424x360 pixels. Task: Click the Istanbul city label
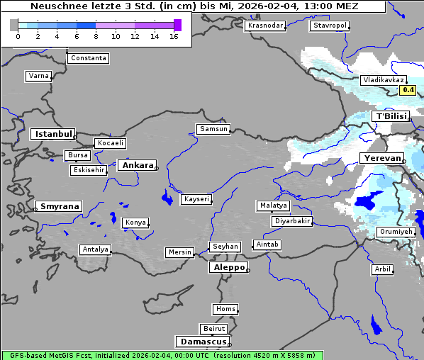coord(52,133)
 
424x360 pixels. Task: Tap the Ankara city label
coord(137,165)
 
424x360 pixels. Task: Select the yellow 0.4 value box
coord(408,90)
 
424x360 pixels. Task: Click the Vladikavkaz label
coord(383,80)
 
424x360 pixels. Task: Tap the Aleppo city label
coord(228,267)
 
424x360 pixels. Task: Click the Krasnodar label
coord(265,26)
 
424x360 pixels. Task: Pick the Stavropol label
coord(330,26)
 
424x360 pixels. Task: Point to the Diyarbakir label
coord(291,221)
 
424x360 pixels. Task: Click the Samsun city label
coord(213,128)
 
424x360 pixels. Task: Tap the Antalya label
coord(95,249)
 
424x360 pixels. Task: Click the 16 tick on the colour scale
coord(174,35)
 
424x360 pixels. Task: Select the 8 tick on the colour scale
coord(96,35)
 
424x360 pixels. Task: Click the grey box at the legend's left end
coord(14,25)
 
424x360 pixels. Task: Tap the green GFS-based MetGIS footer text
coord(162,355)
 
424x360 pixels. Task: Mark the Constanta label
coord(89,58)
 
